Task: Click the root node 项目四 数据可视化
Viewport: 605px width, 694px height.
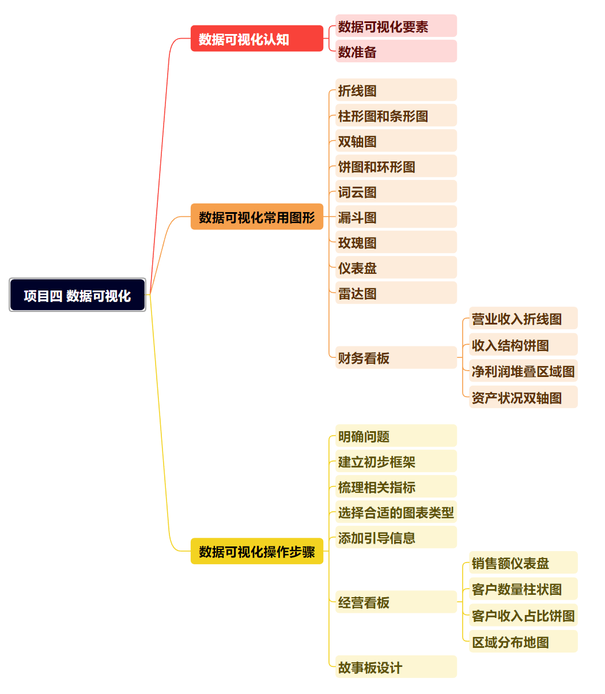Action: [x=77, y=295]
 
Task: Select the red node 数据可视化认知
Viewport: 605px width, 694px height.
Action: [x=256, y=39]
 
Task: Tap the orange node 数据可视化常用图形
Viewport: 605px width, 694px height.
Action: [x=256, y=217]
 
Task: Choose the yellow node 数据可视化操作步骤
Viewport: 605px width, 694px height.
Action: [x=256, y=551]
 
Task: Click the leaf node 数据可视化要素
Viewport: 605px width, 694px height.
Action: [x=396, y=26]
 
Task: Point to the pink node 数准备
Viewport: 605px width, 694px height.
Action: [x=396, y=51]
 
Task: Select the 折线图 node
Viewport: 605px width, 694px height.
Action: [x=396, y=90]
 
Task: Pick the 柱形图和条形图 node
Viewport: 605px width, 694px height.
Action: [x=396, y=115]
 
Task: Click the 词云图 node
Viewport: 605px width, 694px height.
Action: [x=396, y=191]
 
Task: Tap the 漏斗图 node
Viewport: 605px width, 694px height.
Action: [x=396, y=217]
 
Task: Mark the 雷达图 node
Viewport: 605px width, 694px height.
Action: [x=396, y=293]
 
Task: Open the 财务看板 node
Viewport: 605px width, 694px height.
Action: [x=396, y=357]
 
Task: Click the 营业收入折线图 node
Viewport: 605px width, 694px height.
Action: [x=523, y=318]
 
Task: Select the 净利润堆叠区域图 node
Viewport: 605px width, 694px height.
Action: [x=523, y=371]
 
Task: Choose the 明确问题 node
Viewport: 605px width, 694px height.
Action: [x=396, y=436]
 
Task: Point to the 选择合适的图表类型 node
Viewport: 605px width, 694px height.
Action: [x=396, y=512]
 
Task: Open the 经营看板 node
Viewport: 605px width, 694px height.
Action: [x=396, y=602]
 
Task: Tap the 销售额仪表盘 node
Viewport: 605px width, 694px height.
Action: [x=523, y=563]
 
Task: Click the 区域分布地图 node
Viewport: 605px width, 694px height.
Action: [x=523, y=642]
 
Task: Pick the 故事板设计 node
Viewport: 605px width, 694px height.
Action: [x=396, y=667]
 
